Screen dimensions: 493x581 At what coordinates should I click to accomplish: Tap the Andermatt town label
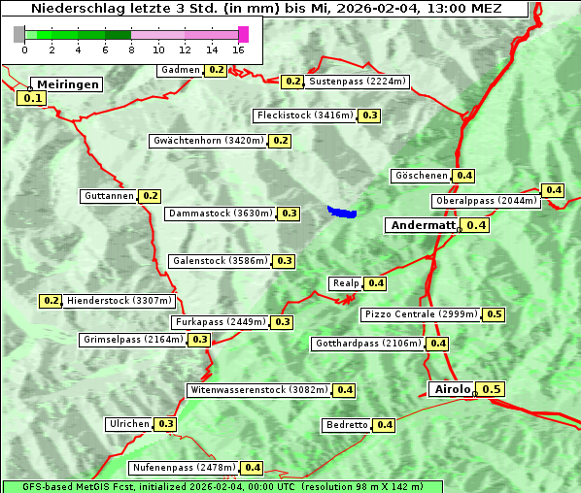[x=422, y=225]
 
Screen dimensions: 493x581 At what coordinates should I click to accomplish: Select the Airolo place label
[x=452, y=389]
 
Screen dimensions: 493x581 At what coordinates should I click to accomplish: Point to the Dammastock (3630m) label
[x=220, y=213]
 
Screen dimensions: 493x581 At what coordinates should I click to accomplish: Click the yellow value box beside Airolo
[x=492, y=389]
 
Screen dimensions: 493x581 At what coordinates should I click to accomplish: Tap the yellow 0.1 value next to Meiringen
[x=32, y=98]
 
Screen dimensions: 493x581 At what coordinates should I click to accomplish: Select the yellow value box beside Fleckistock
[x=369, y=115]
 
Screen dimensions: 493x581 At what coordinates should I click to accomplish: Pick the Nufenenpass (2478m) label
[x=184, y=468]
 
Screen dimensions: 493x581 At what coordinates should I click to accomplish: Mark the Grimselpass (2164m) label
[x=132, y=340]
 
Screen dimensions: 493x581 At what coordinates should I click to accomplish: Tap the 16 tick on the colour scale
[x=239, y=49]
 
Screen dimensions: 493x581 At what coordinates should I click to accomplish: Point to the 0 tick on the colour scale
[x=23, y=49]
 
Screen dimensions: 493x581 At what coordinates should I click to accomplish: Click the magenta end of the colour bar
[x=243, y=34]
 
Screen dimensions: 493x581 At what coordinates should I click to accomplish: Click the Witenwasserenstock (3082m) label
[x=258, y=390]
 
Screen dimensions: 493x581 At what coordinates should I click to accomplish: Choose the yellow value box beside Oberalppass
[x=553, y=190]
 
